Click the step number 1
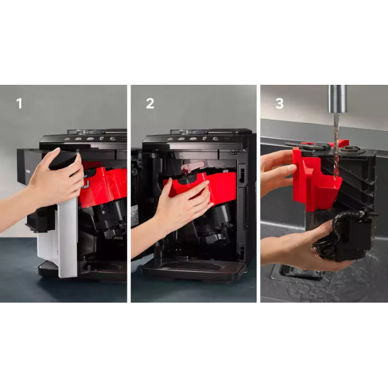tap(19, 104)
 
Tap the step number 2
tap(150, 104)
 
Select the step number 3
tap(279, 104)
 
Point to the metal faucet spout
tap(338, 99)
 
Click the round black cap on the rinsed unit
tap(348, 150)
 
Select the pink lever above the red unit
tap(193, 165)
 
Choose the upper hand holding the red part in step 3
tap(278, 173)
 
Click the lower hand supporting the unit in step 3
tap(297, 247)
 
